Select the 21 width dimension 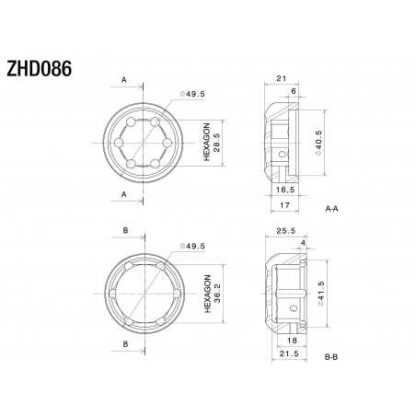coord(283,79)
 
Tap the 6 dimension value coord(294,92)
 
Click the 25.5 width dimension coord(285,231)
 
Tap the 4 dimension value coord(303,244)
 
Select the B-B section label coord(335,354)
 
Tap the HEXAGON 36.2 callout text coord(212,295)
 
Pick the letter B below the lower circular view coord(123,344)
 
